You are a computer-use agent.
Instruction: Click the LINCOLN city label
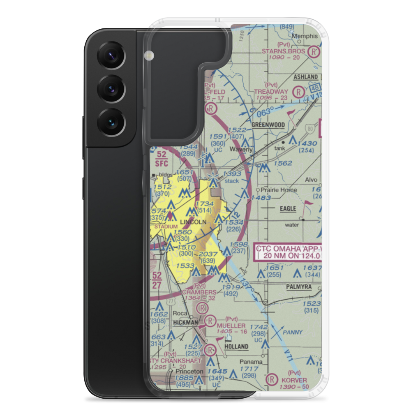(193, 222)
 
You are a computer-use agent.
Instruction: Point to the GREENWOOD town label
(268, 125)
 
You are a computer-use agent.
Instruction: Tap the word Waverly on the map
(241, 150)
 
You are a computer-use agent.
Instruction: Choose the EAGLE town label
(288, 209)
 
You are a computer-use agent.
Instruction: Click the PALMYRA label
(300, 286)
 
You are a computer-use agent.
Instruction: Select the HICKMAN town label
(185, 323)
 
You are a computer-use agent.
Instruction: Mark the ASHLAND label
(306, 77)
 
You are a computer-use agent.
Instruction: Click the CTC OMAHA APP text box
(288, 252)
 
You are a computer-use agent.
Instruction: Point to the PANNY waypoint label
(293, 332)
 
